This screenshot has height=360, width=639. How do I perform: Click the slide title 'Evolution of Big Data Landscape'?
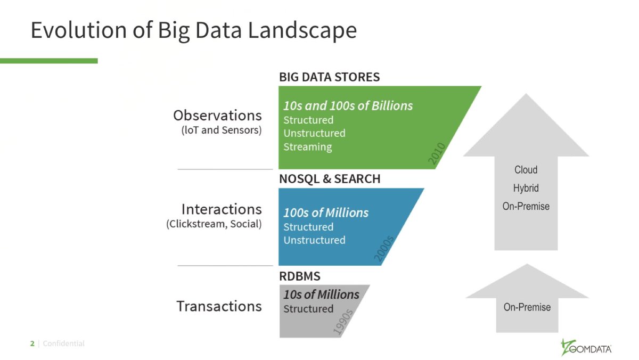click(193, 30)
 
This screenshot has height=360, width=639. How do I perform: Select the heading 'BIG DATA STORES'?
click(329, 77)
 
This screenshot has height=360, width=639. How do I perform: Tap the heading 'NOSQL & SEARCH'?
click(330, 179)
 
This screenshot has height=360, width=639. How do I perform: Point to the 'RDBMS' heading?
click(300, 276)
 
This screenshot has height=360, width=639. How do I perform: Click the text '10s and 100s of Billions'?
click(348, 105)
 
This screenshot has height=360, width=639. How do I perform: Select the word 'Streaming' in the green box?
click(307, 147)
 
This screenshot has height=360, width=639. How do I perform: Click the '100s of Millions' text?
click(325, 212)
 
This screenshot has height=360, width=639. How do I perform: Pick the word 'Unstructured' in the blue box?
click(314, 240)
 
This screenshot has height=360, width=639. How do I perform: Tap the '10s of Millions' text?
click(321, 294)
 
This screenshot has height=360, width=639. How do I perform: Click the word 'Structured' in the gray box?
click(308, 309)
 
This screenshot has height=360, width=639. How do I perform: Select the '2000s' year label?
click(384, 249)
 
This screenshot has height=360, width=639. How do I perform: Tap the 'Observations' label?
click(217, 116)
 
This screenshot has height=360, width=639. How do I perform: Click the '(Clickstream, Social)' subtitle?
click(214, 224)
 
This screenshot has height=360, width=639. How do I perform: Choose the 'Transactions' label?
click(219, 306)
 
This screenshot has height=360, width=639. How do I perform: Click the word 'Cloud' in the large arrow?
click(526, 170)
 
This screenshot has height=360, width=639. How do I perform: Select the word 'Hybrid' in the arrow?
click(526, 188)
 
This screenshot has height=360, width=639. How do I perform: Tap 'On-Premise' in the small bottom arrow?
click(527, 307)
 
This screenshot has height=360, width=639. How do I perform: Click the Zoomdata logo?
click(586, 347)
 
